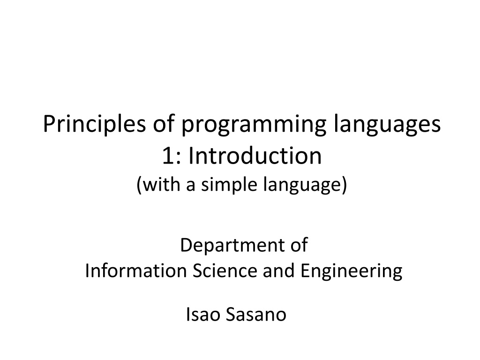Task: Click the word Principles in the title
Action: [x=94, y=124]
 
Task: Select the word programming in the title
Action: [x=254, y=125]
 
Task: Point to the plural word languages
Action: [x=387, y=124]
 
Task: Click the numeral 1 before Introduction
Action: [x=168, y=156]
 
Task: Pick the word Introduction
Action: [x=255, y=155]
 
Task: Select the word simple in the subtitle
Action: [x=229, y=185]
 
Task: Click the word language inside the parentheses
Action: [x=302, y=185]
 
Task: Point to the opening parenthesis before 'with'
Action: [x=139, y=185]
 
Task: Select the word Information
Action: [x=136, y=270]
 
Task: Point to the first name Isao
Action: [x=203, y=315]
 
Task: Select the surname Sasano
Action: [x=256, y=315]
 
